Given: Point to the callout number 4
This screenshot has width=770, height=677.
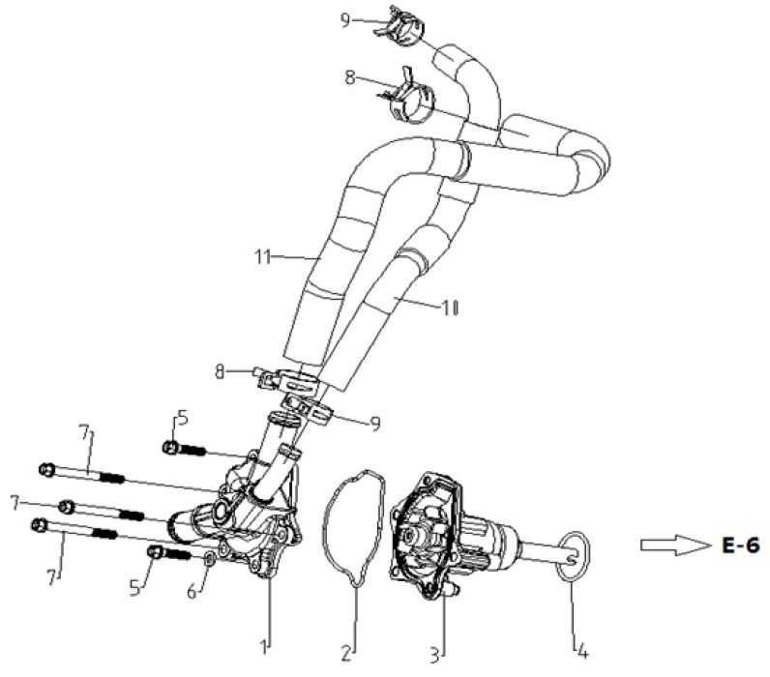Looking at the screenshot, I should [x=580, y=643].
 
